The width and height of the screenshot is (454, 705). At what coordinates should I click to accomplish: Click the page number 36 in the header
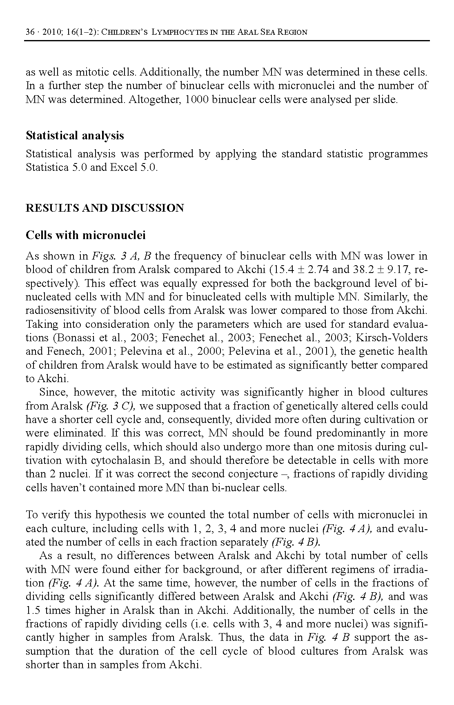tap(30, 32)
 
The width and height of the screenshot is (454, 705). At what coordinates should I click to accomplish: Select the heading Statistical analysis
tap(75, 136)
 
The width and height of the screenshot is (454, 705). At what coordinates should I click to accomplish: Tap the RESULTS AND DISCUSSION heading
tap(105, 208)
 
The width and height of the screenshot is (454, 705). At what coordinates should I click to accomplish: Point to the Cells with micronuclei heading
tap(86, 235)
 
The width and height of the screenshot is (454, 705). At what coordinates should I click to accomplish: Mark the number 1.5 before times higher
tap(33, 611)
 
